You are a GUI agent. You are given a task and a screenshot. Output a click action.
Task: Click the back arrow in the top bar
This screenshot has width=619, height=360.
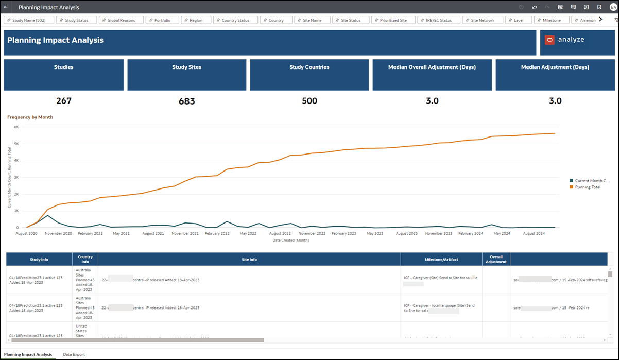pyautogui.click(x=6, y=8)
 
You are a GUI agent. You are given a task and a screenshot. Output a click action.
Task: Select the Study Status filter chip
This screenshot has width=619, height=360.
pyautogui.click(x=76, y=20)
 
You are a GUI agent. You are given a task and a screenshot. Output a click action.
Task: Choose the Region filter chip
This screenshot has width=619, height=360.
pyautogui.click(x=196, y=20)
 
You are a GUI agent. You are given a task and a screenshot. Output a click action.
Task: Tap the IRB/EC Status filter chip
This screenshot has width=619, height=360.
pyautogui.click(x=438, y=20)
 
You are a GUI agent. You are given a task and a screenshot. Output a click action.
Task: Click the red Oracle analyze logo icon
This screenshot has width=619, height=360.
pyautogui.click(x=549, y=40)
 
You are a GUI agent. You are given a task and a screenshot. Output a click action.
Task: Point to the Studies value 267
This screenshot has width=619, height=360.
pyautogui.click(x=64, y=101)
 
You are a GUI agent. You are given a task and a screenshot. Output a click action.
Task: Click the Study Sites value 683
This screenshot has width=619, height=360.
pyautogui.click(x=186, y=101)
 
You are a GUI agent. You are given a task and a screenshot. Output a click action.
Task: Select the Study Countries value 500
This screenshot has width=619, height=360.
pyautogui.click(x=309, y=101)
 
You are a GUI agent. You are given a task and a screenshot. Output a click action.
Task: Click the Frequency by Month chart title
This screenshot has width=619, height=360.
pyautogui.click(x=30, y=117)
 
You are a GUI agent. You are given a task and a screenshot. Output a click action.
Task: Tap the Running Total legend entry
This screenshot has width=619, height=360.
pyautogui.click(x=587, y=187)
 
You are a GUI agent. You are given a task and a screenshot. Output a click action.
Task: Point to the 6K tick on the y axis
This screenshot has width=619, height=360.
pyautogui.click(x=16, y=127)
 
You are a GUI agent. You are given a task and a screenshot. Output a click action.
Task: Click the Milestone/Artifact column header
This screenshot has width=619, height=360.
pyautogui.click(x=441, y=259)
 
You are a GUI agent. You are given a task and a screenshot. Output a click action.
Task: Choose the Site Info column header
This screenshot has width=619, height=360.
pyautogui.click(x=249, y=259)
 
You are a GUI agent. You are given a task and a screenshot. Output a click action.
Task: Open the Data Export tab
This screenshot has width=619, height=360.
pyautogui.click(x=74, y=355)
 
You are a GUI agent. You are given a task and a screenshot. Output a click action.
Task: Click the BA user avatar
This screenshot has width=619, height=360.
pyautogui.click(x=613, y=7)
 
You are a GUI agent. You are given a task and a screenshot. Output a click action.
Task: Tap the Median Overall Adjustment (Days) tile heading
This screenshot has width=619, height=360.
pyautogui.click(x=432, y=67)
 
